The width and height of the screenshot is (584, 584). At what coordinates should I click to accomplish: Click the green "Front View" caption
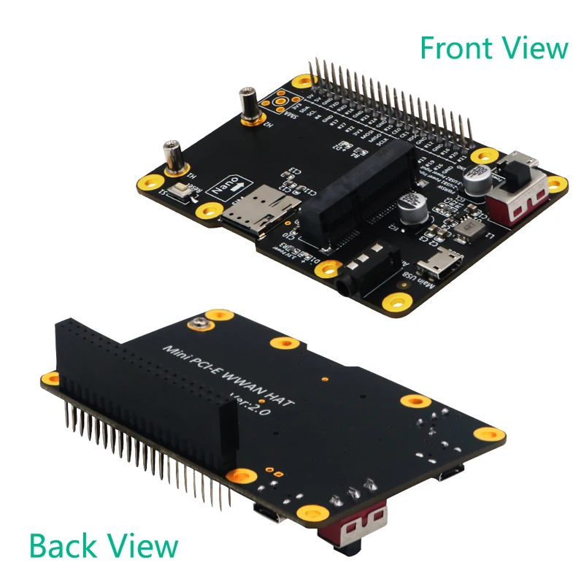(493, 48)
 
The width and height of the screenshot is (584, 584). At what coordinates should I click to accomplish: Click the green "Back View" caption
(103, 545)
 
